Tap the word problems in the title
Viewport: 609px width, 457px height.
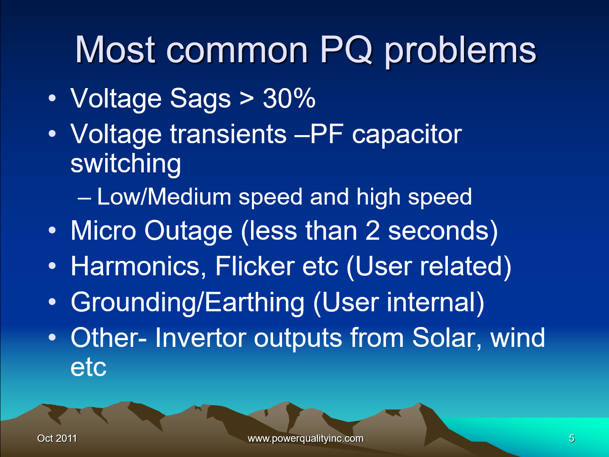460,52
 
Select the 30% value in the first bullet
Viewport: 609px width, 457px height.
289,99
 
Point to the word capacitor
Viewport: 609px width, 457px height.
407,135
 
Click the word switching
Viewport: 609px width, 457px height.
126,164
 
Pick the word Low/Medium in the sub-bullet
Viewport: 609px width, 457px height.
164,197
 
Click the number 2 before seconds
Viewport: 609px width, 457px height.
372,231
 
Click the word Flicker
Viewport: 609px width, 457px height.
255,266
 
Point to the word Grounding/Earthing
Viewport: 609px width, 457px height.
187,303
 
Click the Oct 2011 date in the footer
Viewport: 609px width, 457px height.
57,438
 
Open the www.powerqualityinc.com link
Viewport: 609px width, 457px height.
305,438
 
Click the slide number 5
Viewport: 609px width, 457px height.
571,438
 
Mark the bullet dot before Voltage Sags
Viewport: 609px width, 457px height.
52,98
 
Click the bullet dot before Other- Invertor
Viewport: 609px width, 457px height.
52,338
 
